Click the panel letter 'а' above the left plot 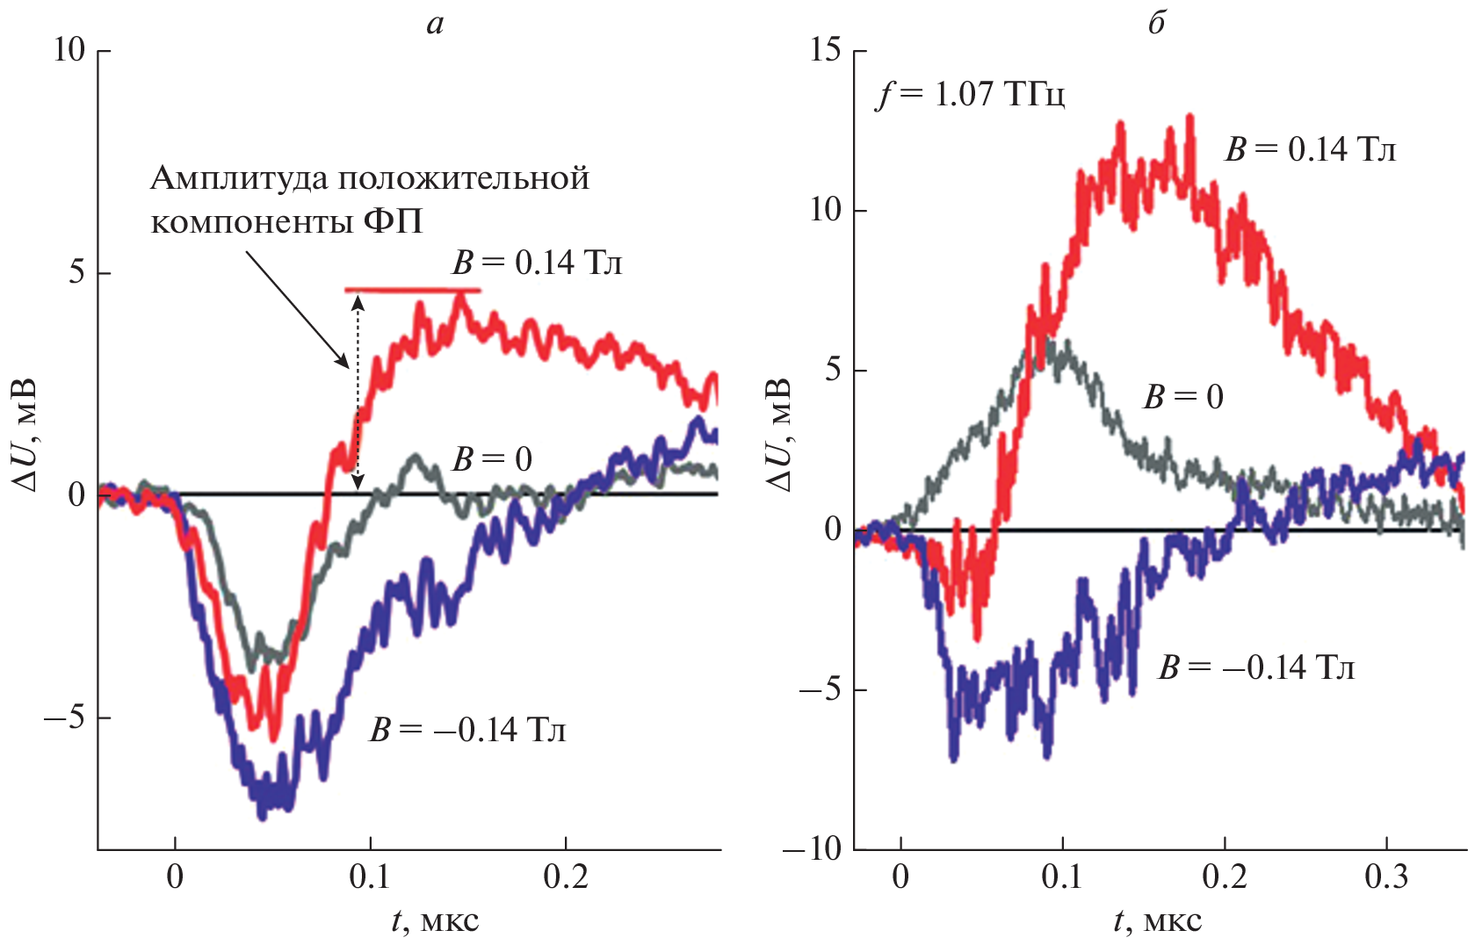tap(435, 25)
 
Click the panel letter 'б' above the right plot tap(1156, 24)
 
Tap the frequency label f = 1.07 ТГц tap(971, 93)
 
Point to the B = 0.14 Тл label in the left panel tap(537, 263)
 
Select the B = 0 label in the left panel tap(492, 458)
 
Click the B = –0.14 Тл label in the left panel tap(467, 730)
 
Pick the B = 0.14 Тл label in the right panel tap(1310, 149)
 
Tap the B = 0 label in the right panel tap(1182, 397)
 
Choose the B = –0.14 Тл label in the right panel tap(1256, 667)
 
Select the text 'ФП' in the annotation tap(393, 221)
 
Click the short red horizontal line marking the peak tap(412, 289)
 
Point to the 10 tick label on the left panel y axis tap(69, 50)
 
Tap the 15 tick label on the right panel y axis tap(826, 50)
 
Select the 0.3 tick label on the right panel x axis tap(1386, 876)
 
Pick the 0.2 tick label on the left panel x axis tap(566, 876)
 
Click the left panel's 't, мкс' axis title tap(435, 920)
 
